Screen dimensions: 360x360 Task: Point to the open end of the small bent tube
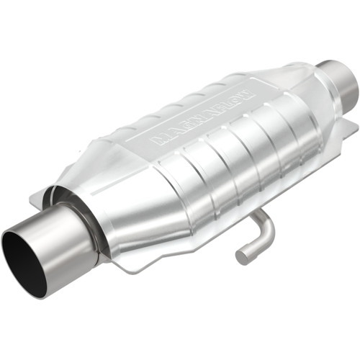click(243, 255)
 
